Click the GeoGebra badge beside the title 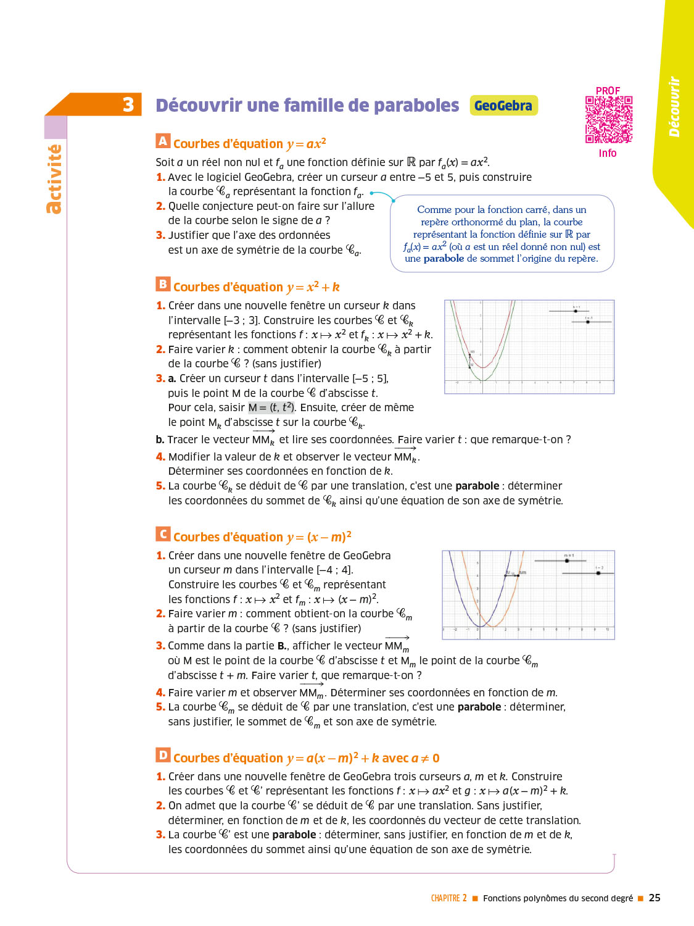[x=503, y=106]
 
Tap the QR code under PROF [x=609, y=120]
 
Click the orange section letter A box [x=163, y=141]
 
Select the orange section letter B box [x=163, y=284]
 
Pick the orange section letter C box [x=163, y=534]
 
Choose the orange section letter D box [x=163, y=755]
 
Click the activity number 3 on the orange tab [x=128, y=105]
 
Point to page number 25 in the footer [x=655, y=898]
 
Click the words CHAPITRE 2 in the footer [x=448, y=899]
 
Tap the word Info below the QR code [x=608, y=153]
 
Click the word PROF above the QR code [x=608, y=91]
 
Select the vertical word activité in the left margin [x=54, y=179]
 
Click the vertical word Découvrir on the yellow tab [x=674, y=106]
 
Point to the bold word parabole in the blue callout [x=444, y=259]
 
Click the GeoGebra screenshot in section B [x=529, y=347]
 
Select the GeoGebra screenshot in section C [x=528, y=594]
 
